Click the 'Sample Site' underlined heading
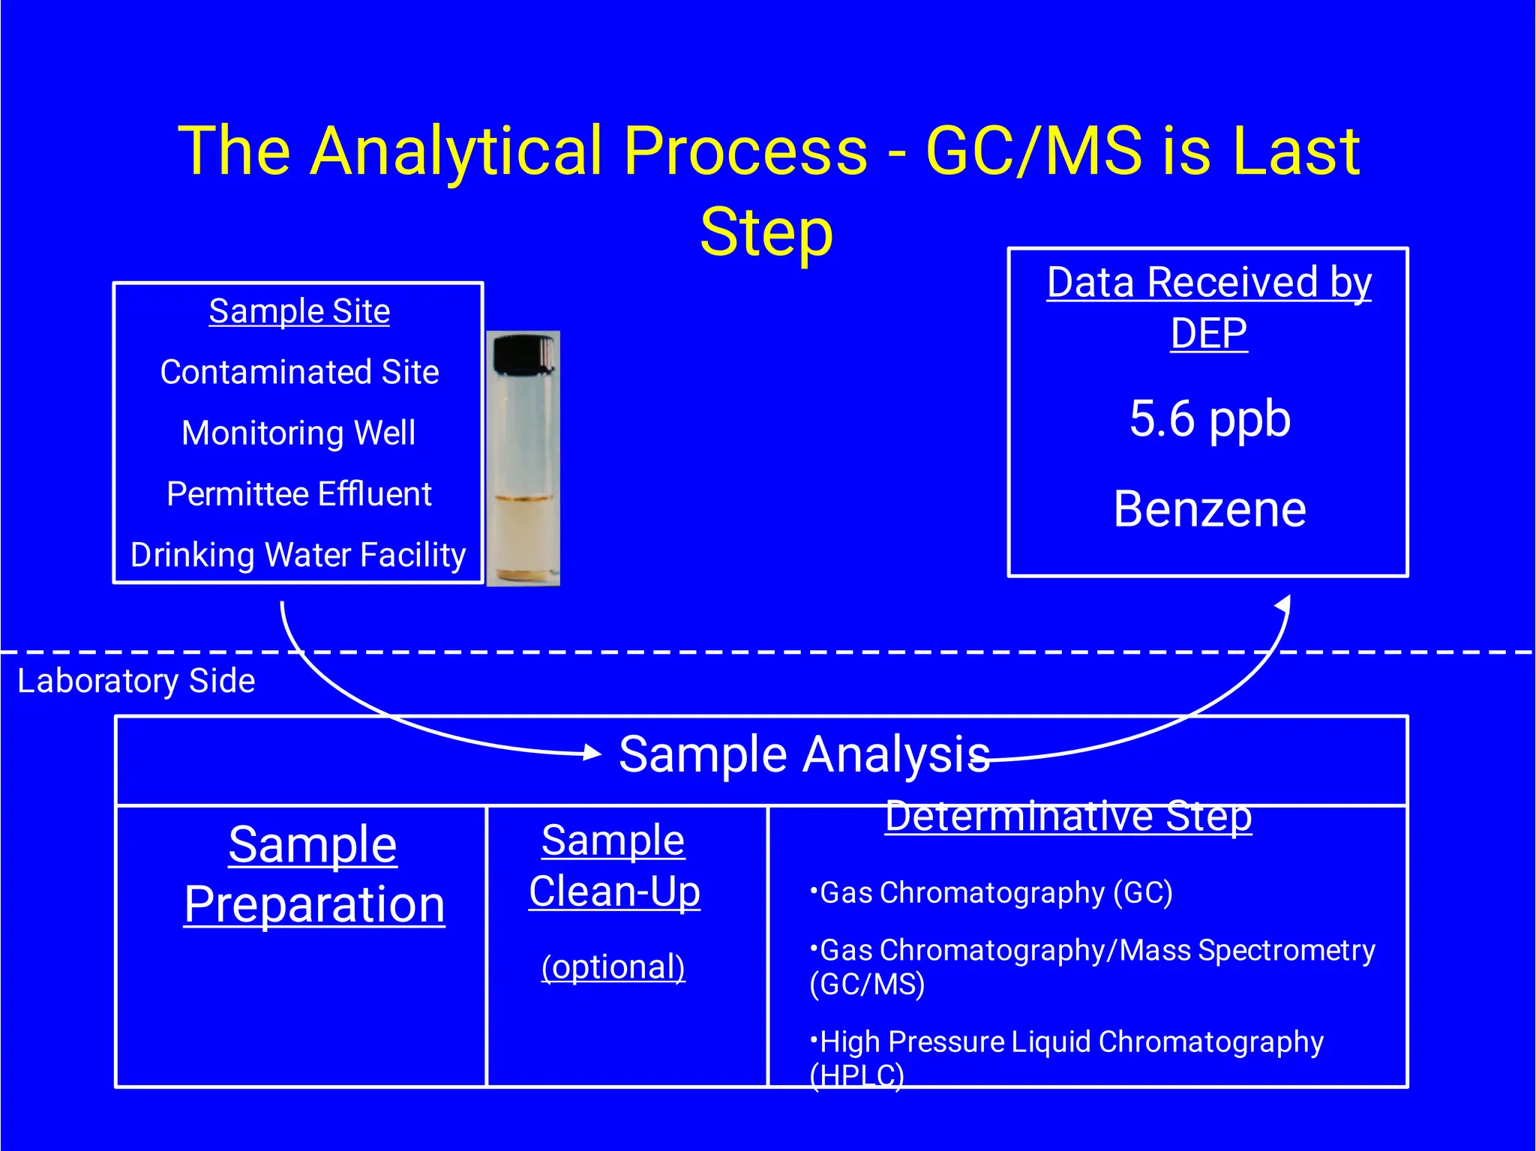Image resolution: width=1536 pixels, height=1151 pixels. [x=299, y=311]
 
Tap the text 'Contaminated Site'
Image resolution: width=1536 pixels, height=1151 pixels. [x=299, y=372]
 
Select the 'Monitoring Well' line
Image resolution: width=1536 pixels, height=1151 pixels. [x=298, y=433]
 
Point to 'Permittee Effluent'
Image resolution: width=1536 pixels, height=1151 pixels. [x=298, y=494]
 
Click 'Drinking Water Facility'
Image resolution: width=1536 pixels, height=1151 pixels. [x=298, y=555]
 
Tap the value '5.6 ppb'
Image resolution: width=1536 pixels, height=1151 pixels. [x=1209, y=418]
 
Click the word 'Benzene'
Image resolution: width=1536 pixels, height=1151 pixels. [x=1209, y=509]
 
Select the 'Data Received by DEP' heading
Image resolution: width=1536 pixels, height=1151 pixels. [x=1209, y=307]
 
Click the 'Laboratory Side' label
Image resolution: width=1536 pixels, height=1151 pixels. [x=136, y=681]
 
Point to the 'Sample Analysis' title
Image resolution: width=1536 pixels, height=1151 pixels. [x=803, y=754]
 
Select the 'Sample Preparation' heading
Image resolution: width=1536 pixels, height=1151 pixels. [x=313, y=874]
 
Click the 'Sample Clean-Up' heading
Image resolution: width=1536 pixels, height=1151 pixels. [x=613, y=866]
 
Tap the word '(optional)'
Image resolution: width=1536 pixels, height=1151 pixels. [x=613, y=967]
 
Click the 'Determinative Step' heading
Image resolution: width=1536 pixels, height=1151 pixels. [x=1068, y=816]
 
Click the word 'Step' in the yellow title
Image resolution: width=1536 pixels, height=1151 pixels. [x=766, y=232]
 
